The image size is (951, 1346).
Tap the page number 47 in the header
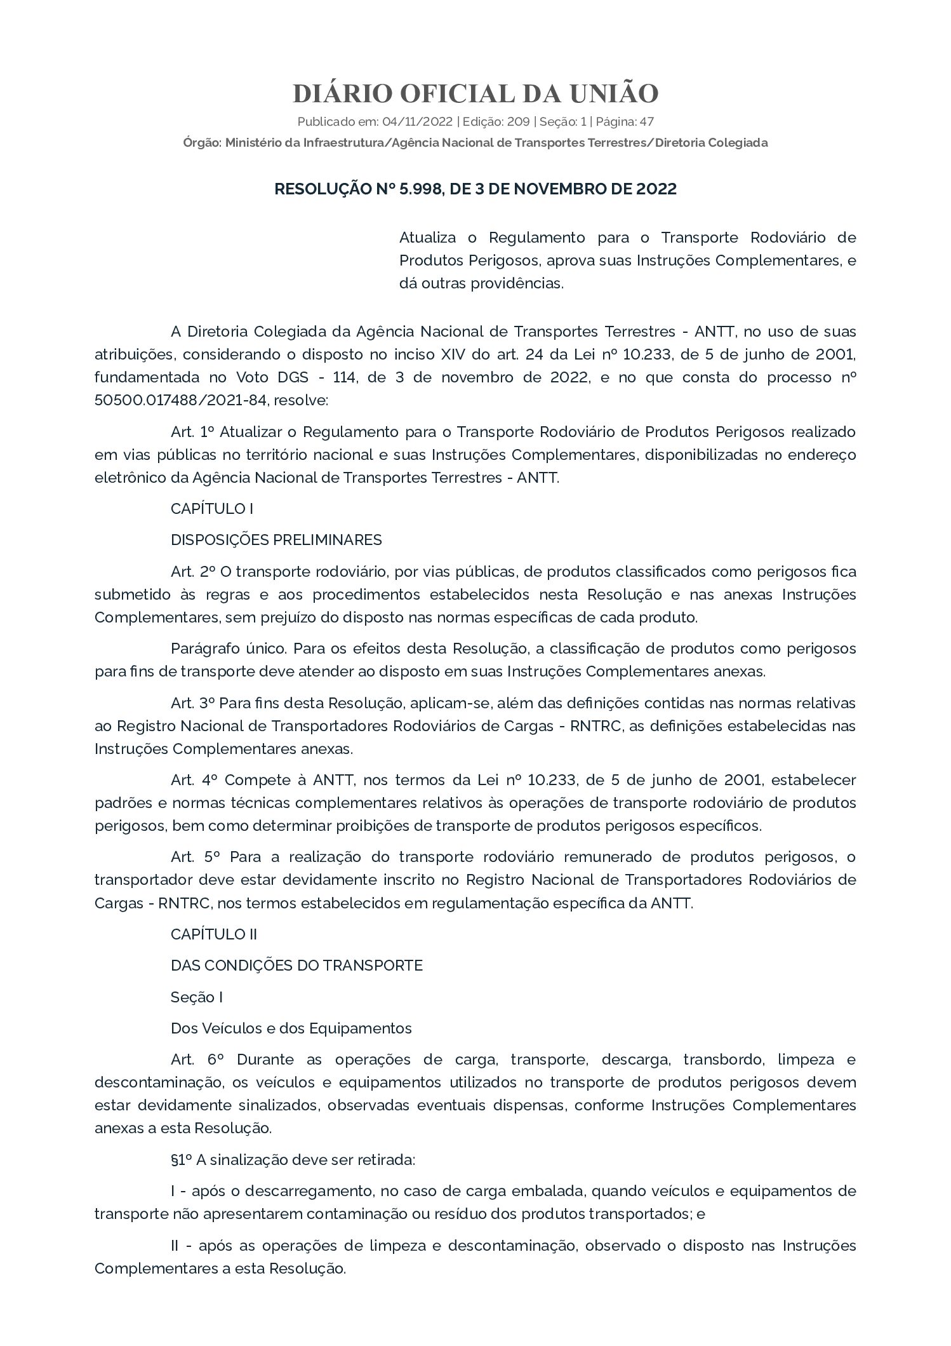pos(647,121)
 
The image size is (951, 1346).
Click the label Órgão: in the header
pos(202,143)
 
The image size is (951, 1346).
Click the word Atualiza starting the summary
pos(427,238)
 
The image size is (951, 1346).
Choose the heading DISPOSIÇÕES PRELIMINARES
pos(276,540)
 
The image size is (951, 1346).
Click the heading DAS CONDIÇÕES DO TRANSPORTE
pos(296,966)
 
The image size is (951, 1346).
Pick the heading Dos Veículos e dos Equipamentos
pos(291,1028)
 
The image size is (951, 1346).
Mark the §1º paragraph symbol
pos(181,1160)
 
